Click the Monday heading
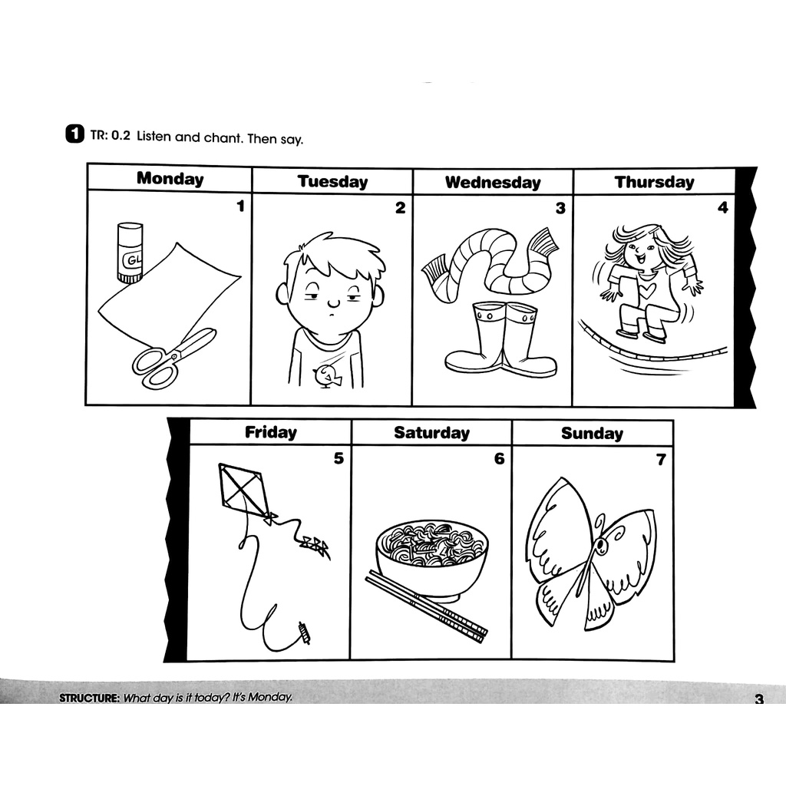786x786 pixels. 170,179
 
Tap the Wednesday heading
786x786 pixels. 493,183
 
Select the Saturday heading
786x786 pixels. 431,433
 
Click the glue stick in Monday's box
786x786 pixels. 130,253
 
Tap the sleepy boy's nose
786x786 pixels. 332,299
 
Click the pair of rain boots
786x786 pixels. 501,339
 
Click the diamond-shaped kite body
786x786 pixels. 243,489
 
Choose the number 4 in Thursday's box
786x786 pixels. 722,207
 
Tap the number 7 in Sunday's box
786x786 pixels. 661,461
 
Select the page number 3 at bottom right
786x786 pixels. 759,699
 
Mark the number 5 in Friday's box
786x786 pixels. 339,459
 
